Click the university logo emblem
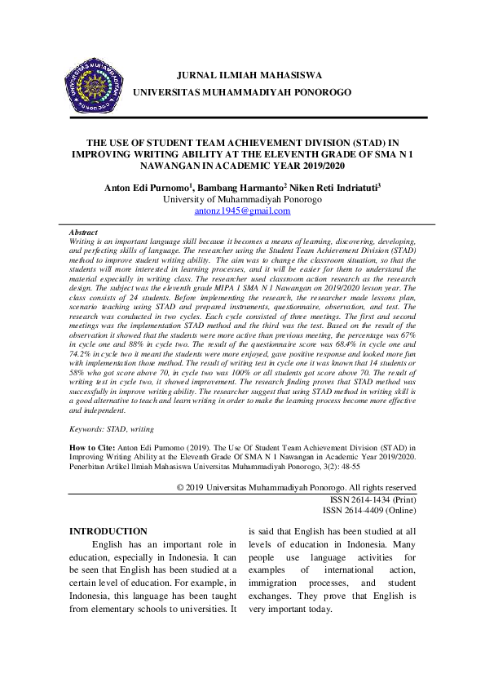pyautogui.click(x=93, y=86)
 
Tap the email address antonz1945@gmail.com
pyautogui.click(x=242, y=211)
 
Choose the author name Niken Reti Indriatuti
pyautogui.click(x=333, y=187)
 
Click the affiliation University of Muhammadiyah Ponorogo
pyautogui.click(x=242, y=198)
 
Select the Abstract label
pyautogui.click(x=83, y=233)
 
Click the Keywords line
pyautogui.click(x=111, y=428)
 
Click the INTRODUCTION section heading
pyautogui.click(x=108, y=531)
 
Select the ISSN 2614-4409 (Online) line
pyautogui.click(x=371, y=510)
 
